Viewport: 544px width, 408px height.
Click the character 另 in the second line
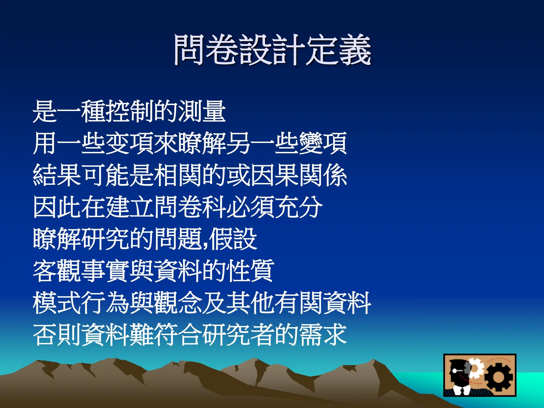(x=238, y=143)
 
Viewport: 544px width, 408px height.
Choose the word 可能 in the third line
(x=105, y=175)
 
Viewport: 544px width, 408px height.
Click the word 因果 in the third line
(x=275, y=175)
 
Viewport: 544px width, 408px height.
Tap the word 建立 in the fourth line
(x=129, y=207)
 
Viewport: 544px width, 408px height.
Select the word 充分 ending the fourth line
(x=299, y=207)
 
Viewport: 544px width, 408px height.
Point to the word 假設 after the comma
(x=233, y=239)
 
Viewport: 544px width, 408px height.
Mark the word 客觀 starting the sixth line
(x=57, y=271)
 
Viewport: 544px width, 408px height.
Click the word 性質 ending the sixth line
(x=250, y=271)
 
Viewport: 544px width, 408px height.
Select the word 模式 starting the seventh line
(x=57, y=303)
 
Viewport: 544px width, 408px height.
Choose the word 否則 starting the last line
(x=57, y=335)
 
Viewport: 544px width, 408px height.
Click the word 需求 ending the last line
(x=323, y=335)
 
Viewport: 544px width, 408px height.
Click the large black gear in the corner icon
(x=498, y=377)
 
